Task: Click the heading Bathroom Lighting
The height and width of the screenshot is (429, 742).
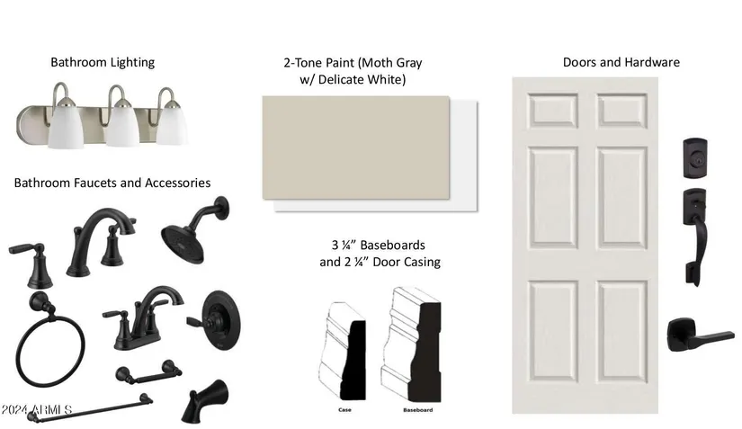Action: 103,62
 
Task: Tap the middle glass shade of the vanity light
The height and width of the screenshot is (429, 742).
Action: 122,123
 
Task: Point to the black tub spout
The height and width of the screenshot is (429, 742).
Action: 205,400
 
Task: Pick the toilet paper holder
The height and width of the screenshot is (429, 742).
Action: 149,372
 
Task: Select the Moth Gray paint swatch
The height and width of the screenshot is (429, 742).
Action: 356,147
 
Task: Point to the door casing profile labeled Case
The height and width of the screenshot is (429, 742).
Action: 343,351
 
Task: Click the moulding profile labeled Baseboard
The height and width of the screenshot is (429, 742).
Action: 411,344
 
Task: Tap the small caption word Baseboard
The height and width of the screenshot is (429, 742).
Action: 418,410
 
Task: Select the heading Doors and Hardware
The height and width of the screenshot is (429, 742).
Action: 621,62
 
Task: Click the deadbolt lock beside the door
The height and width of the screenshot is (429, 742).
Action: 695,158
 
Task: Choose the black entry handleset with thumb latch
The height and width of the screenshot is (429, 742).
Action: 694,237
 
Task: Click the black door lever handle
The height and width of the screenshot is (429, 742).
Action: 700,335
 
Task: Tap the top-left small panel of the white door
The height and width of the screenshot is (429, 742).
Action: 553,111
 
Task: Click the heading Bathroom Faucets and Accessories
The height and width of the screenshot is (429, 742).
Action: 112,183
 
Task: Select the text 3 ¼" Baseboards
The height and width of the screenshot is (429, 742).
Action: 379,245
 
